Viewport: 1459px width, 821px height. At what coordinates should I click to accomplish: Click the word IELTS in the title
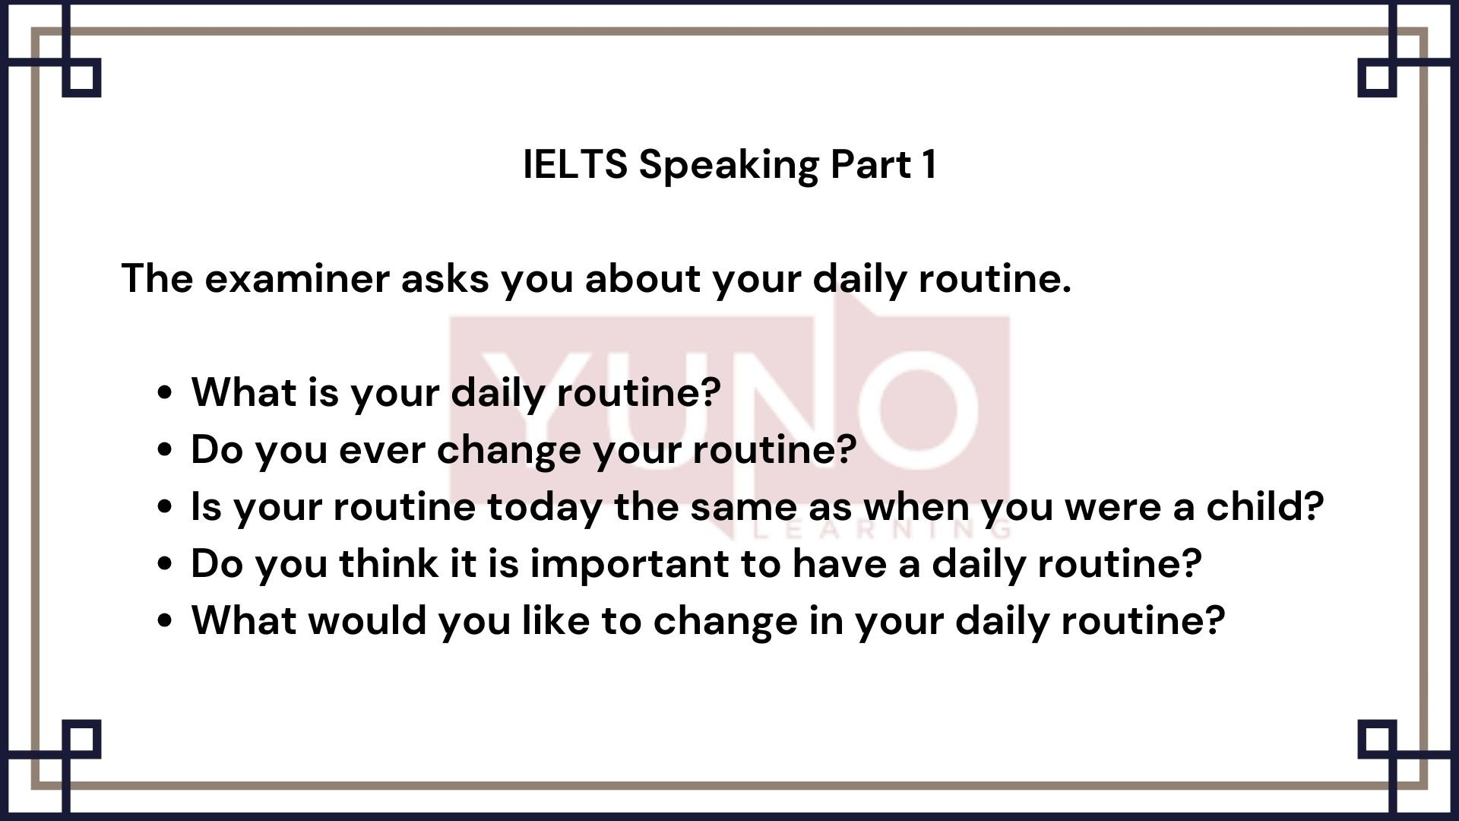tap(575, 164)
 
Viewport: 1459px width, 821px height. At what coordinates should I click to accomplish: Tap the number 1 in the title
tap(929, 164)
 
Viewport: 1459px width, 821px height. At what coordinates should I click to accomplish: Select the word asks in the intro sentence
tap(445, 278)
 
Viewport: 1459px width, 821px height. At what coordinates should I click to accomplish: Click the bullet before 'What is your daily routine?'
tap(165, 393)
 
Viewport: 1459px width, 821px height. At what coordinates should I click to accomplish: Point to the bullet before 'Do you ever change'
tap(165, 450)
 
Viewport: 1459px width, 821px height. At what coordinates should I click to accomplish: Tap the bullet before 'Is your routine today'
tap(165, 507)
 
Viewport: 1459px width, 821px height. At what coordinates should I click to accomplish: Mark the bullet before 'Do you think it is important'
tap(165, 564)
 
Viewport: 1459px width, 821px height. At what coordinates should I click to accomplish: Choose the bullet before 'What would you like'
tap(165, 621)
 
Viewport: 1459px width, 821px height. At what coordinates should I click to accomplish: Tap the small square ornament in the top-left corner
tap(81, 78)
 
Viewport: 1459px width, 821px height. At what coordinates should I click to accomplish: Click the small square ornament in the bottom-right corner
tap(1378, 739)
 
